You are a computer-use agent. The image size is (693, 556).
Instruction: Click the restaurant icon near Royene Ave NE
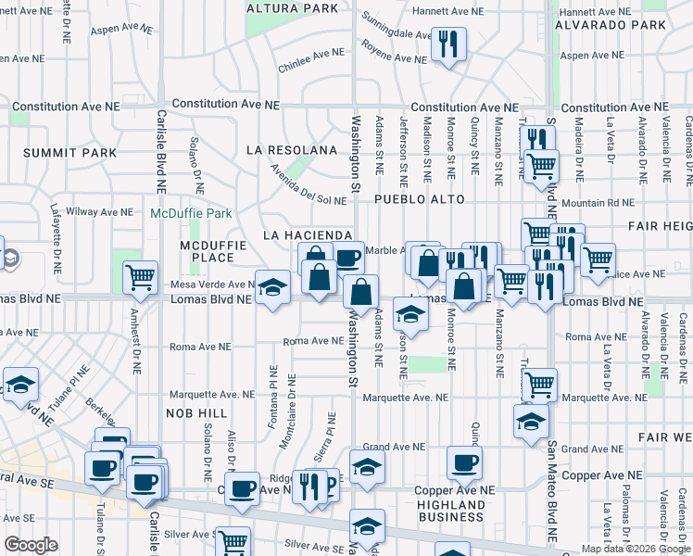tap(448, 44)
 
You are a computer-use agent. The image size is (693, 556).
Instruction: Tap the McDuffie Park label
tap(192, 213)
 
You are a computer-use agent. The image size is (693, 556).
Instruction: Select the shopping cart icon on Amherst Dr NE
tap(140, 276)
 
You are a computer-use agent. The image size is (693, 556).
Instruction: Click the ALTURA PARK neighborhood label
tap(293, 8)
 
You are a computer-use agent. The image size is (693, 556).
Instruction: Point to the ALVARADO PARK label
tap(610, 26)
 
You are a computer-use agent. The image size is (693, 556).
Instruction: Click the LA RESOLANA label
tap(292, 150)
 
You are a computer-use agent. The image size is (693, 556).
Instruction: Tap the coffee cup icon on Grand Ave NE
tap(464, 462)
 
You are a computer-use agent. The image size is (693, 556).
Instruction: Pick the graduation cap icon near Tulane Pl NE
tap(20, 385)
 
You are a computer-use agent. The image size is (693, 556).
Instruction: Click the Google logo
tap(31, 545)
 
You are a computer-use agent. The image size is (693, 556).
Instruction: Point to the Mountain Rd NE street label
tap(598, 201)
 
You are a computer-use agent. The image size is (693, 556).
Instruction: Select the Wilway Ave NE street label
tap(104, 212)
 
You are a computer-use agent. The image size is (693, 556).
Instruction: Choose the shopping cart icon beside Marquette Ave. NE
tap(538, 384)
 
